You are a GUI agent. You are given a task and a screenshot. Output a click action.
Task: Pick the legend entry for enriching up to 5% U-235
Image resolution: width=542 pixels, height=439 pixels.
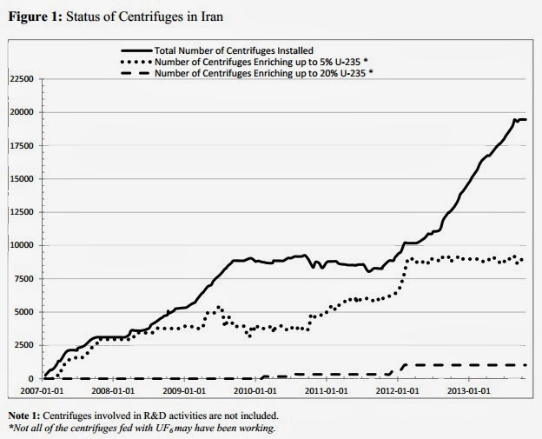256,61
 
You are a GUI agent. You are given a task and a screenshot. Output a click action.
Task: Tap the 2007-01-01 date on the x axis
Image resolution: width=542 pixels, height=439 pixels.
31,390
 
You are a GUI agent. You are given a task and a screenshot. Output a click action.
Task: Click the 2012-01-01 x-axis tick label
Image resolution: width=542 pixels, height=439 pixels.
397,390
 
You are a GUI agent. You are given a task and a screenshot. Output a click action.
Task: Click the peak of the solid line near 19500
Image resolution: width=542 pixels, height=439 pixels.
514,118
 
